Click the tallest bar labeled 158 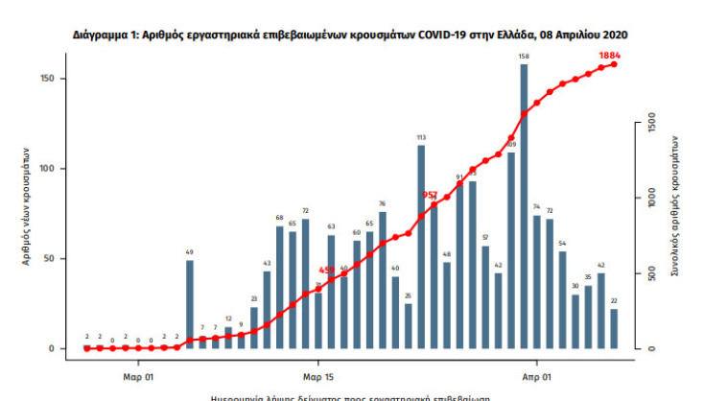524,206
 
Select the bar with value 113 421,248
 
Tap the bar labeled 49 190,304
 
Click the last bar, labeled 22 614,328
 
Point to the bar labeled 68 280,287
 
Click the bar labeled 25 409,326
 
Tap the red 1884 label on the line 610,56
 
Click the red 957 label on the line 430,195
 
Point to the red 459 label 327,271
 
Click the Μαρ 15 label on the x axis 317,376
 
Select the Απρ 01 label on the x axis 536,376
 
